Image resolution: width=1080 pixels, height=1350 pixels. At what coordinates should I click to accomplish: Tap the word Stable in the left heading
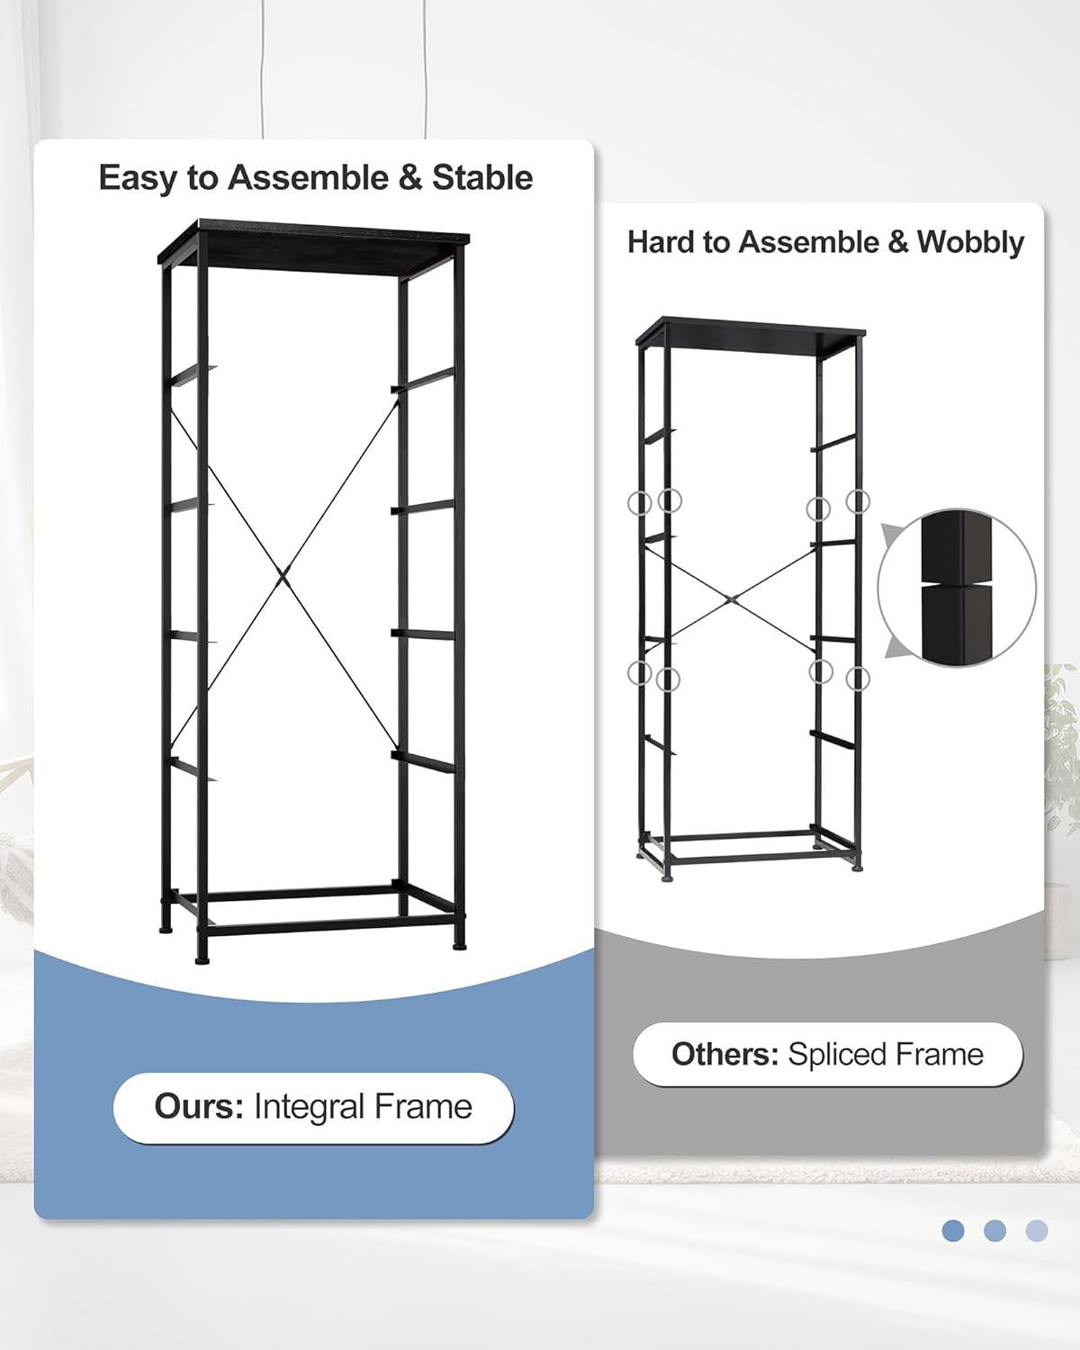(x=482, y=178)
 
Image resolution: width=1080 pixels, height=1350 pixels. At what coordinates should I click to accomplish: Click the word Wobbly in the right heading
(x=970, y=242)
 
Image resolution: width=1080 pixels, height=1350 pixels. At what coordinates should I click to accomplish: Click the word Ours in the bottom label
(x=198, y=1106)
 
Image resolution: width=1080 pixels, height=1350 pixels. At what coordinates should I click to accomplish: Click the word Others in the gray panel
(x=724, y=1054)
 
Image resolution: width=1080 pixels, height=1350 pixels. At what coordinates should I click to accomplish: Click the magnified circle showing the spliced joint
(x=957, y=588)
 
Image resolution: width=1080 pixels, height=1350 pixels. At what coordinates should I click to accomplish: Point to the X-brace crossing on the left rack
(x=283, y=573)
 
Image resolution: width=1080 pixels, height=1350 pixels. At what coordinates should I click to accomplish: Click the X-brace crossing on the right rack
(x=733, y=598)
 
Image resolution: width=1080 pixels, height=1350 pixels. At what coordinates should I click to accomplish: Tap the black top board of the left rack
(x=313, y=241)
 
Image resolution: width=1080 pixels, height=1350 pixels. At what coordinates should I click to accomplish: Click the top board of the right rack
(x=751, y=332)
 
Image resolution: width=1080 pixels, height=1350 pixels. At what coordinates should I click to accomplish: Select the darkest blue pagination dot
(x=953, y=1230)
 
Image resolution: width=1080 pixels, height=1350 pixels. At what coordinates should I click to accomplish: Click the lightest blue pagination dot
(x=1037, y=1230)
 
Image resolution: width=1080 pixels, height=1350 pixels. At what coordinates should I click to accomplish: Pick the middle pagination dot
(x=994, y=1230)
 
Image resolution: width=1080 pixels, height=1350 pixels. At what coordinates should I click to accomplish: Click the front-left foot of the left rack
(x=202, y=960)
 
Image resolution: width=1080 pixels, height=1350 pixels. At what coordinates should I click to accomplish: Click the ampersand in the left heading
(x=409, y=178)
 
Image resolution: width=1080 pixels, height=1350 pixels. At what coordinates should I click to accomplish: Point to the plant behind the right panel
(x=1062, y=720)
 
